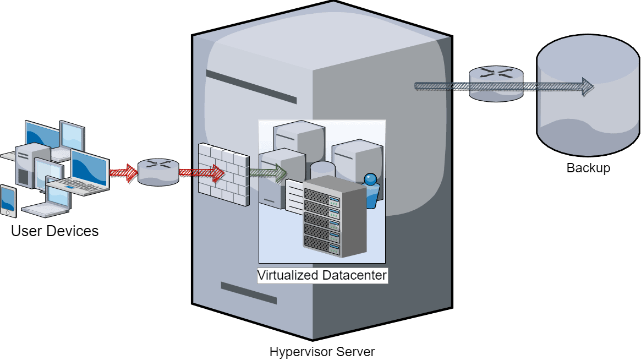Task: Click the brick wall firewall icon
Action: [x=223, y=173]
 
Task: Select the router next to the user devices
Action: [x=158, y=172]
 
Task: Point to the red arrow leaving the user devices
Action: [x=123, y=172]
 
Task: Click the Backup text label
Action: [x=588, y=168]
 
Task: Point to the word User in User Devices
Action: [x=26, y=231]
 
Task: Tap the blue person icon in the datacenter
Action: [x=371, y=190]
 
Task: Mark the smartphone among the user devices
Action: [x=8, y=201]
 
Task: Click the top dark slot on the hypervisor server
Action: [x=251, y=87]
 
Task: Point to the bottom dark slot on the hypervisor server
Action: [x=248, y=293]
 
